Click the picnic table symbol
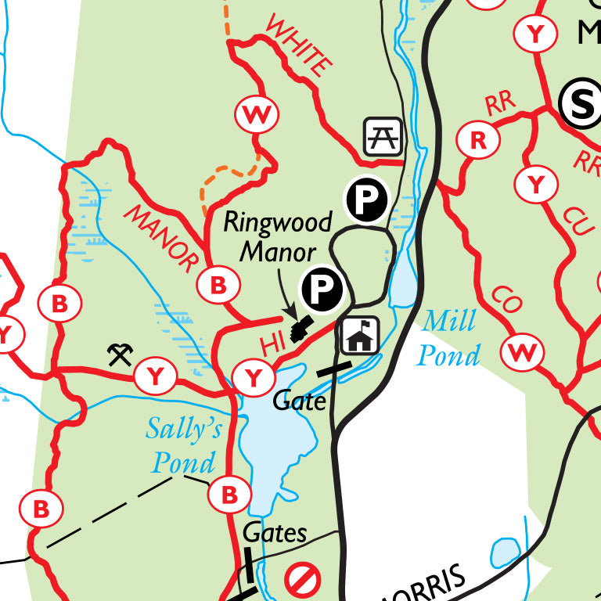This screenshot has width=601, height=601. click(383, 136)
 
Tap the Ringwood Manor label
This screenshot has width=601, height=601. click(277, 236)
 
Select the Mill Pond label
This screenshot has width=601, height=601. click(448, 338)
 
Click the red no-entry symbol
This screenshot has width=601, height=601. click(302, 581)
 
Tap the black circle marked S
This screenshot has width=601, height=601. click(581, 104)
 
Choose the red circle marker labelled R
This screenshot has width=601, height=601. click(478, 140)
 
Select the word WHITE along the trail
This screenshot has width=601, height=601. click(297, 46)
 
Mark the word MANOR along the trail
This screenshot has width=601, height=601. click(161, 239)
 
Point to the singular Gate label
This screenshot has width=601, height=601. click(299, 401)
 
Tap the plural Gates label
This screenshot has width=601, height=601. click(275, 534)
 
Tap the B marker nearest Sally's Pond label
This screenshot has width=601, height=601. click(229, 495)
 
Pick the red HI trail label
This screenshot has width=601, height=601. click(268, 344)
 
